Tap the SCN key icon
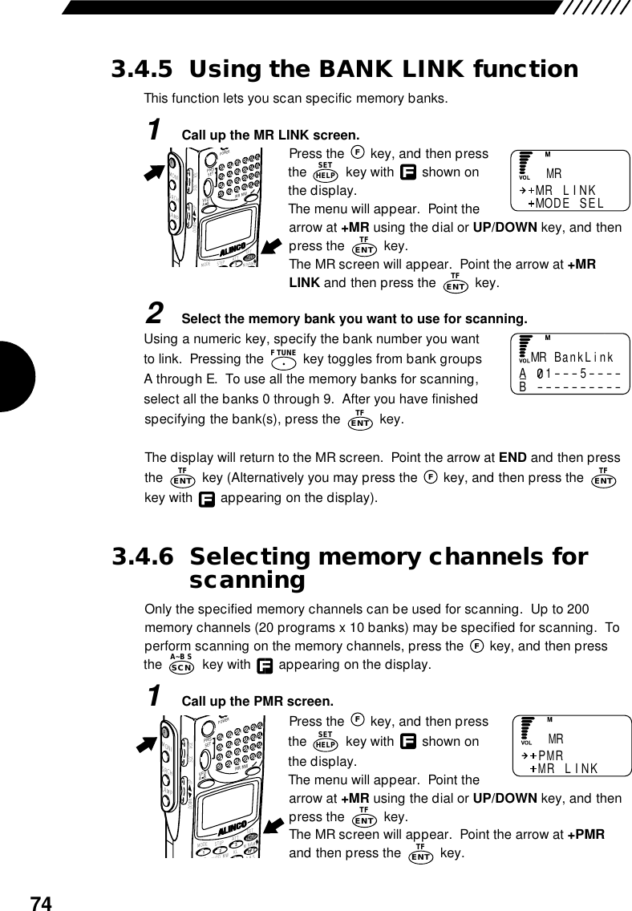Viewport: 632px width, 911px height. pos(182,665)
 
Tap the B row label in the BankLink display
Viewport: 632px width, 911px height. pos(522,389)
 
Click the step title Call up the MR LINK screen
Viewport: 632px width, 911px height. pos(271,133)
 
